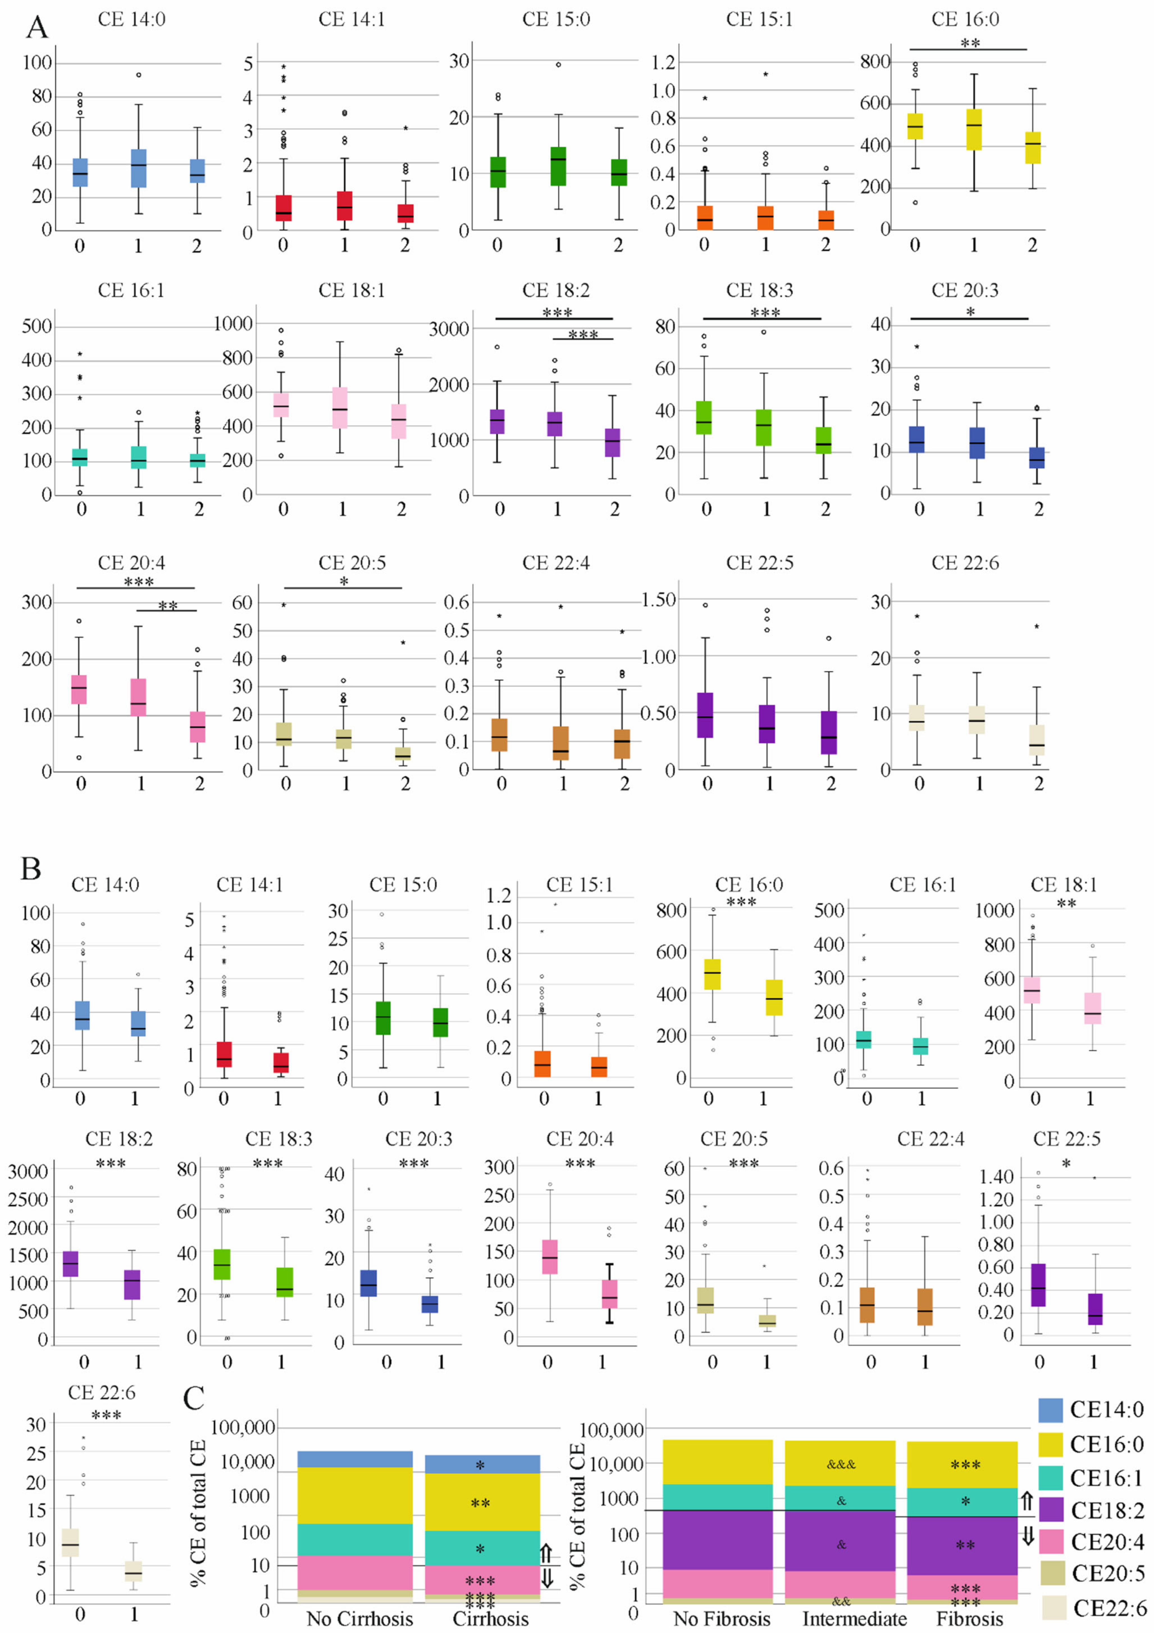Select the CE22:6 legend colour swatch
[x=1054, y=1607]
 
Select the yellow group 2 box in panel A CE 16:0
[x=1032, y=147]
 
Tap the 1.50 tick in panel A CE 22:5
[x=658, y=600]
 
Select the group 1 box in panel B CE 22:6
[x=133, y=1570]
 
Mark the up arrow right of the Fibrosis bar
[x=1027, y=1501]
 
